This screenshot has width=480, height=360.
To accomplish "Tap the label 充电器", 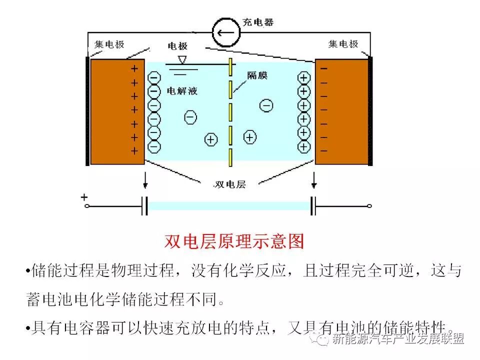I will [257, 22].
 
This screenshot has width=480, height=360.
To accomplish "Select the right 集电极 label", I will [343, 44].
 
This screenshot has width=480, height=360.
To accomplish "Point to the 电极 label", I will [177, 46].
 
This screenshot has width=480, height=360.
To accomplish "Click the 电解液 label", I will [181, 91].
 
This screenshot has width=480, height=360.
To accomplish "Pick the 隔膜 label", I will [257, 75].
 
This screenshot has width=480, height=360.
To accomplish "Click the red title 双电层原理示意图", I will [234, 241].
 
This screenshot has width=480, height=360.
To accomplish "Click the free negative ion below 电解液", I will [190, 117].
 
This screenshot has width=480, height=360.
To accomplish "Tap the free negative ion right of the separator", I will [266, 105].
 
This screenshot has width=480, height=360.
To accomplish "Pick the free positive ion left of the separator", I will [211, 139].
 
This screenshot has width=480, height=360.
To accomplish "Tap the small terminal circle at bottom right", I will [369, 205].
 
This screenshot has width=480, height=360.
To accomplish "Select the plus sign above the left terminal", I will [84, 197].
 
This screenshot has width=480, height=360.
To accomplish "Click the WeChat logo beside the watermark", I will [322, 339].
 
